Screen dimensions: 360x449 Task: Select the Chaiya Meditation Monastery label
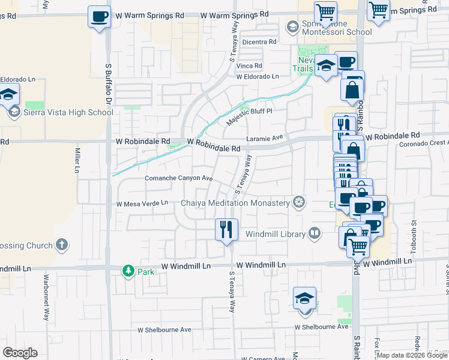click(x=235, y=203)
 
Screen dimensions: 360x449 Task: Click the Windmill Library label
click(x=276, y=233)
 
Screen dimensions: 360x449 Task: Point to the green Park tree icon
click(x=128, y=271)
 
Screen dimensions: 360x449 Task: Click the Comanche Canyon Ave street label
click(x=179, y=178)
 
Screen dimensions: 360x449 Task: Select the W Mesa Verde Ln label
click(x=142, y=203)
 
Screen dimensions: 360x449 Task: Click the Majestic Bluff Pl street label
click(x=249, y=116)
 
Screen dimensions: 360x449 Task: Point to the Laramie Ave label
click(x=268, y=137)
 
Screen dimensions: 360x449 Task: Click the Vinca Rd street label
click(x=249, y=66)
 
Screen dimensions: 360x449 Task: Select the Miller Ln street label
click(x=77, y=161)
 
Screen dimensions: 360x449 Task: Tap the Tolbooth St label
click(x=415, y=231)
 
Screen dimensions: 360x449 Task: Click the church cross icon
click(x=61, y=244)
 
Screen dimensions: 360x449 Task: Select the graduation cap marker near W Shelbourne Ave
click(x=305, y=299)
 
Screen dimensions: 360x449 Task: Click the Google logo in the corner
click(x=20, y=353)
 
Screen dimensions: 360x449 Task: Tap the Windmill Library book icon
click(x=315, y=233)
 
